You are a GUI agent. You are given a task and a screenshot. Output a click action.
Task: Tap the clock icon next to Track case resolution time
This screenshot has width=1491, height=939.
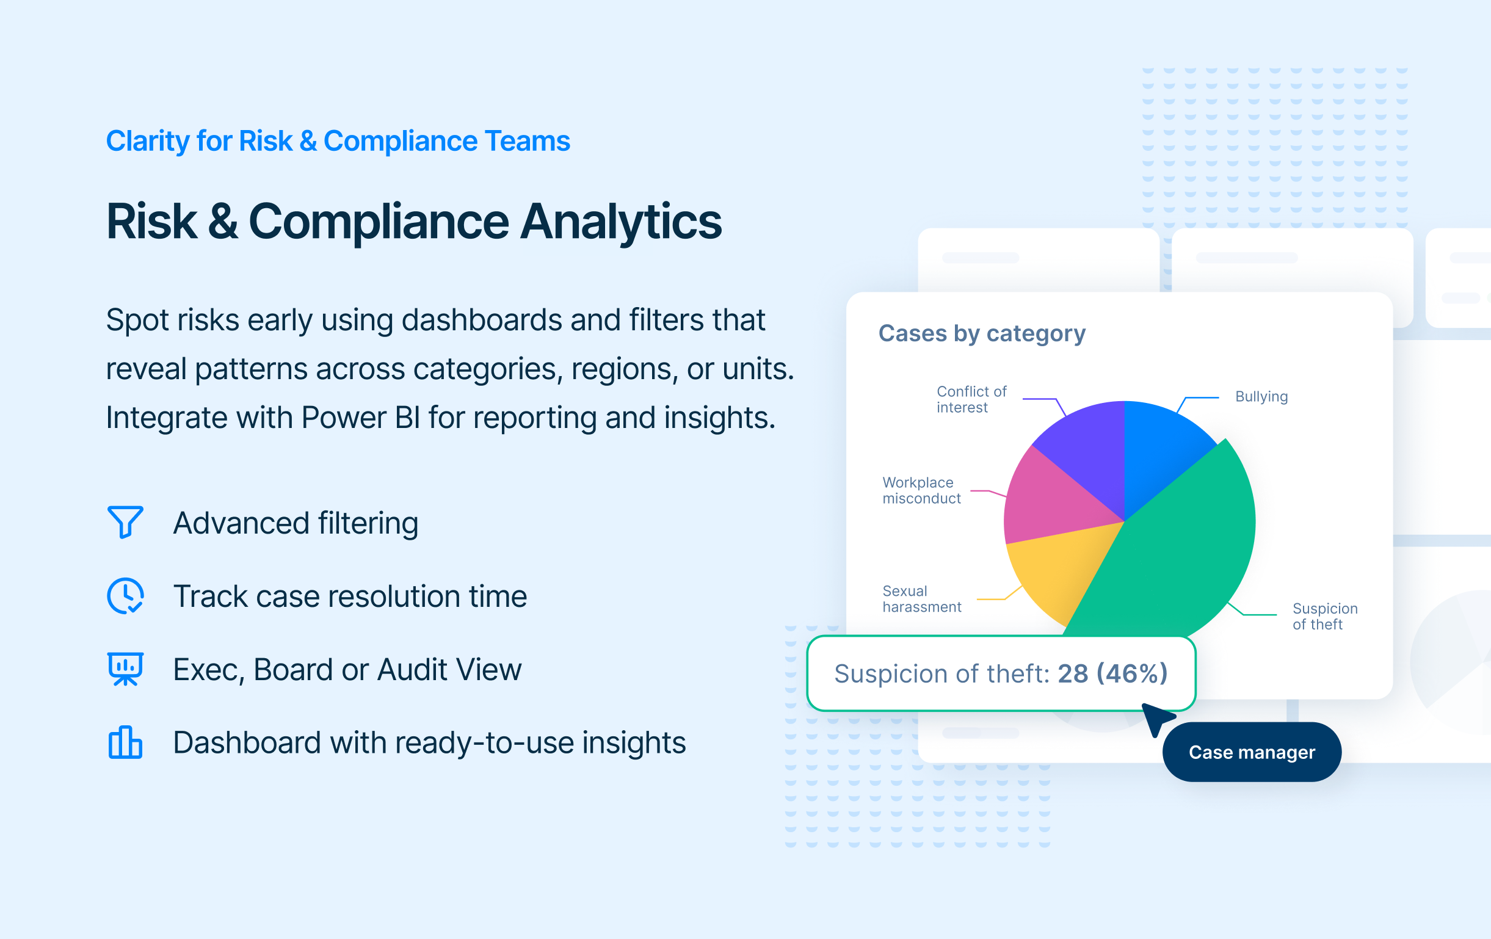[x=126, y=595]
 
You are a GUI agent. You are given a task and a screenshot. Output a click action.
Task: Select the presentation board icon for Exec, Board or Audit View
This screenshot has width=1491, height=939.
[x=126, y=669]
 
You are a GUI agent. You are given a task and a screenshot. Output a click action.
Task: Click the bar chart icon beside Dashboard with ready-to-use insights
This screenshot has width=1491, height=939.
[x=126, y=742]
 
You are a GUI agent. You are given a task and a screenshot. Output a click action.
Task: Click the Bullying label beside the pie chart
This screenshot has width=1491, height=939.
[x=1261, y=396]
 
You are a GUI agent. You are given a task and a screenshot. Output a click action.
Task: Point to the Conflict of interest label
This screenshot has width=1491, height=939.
[x=971, y=399]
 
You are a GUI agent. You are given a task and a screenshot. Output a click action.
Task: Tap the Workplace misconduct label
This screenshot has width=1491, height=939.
[x=921, y=490]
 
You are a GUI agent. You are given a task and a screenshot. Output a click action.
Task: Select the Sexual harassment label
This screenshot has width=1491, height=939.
[x=922, y=598]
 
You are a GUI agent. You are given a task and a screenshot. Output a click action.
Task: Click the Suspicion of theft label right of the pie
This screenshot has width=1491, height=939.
[x=1325, y=616]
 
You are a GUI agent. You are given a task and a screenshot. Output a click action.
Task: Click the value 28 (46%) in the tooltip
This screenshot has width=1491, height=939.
[x=1112, y=673]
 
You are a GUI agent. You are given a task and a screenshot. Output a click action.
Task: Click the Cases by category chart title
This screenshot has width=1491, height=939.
[x=982, y=333]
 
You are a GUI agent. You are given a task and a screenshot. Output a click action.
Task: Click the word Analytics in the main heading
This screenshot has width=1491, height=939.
[x=621, y=222]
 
